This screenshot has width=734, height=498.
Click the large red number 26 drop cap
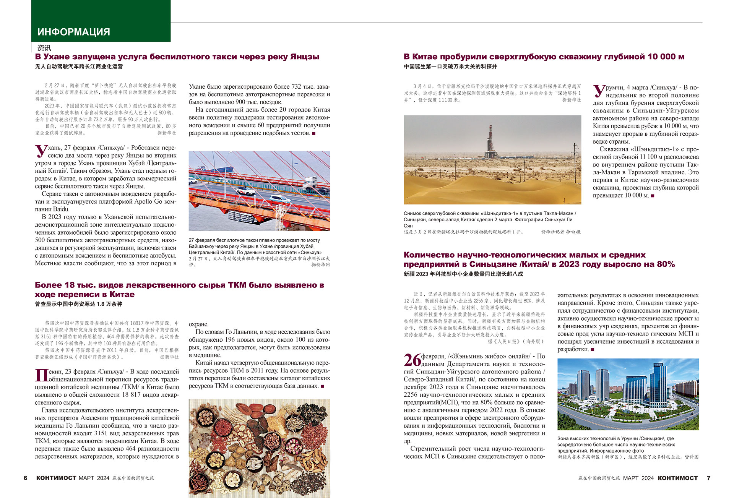[412, 360]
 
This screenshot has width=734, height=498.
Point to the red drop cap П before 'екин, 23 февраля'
[41, 375]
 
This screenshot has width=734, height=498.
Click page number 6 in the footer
[26, 478]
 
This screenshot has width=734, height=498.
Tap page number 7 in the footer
[708, 478]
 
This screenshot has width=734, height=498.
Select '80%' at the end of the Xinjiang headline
[666, 264]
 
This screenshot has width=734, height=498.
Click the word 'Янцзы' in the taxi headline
[304, 57]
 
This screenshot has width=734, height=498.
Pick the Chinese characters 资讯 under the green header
[44, 48]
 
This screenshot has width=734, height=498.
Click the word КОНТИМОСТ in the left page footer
[56, 478]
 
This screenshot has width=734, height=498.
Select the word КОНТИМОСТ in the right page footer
[677, 478]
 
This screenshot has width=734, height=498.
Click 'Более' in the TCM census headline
[48, 285]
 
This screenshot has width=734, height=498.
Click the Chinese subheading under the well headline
[450, 67]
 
